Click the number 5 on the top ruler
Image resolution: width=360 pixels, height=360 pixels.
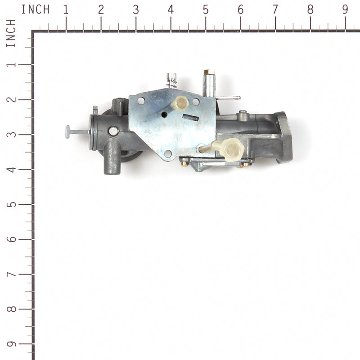(205, 9)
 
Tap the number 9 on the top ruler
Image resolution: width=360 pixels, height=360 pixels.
(345, 9)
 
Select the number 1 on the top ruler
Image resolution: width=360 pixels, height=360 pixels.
(66, 9)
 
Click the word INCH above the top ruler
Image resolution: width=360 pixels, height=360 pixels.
(35, 9)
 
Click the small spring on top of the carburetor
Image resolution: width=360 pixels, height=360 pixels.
(171, 81)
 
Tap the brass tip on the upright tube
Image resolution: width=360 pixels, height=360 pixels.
(208, 72)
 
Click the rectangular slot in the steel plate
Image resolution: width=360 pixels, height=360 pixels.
(190, 117)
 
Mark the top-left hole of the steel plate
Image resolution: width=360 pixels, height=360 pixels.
(141, 100)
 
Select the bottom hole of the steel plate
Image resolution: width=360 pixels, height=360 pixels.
(168, 153)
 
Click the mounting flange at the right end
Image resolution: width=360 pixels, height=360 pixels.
(283, 137)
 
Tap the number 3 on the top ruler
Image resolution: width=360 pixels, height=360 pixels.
(135, 9)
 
